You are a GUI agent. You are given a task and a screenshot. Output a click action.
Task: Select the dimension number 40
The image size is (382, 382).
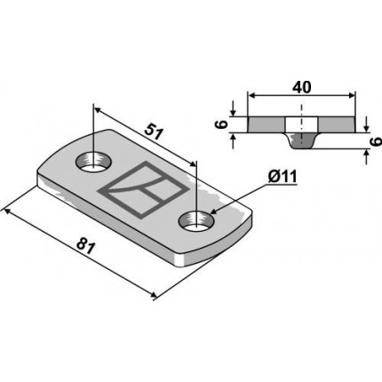point(302,87)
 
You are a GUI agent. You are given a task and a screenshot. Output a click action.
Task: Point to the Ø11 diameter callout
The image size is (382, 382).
point(283,177)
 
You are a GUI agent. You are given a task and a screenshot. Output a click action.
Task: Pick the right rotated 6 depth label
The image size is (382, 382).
point(376,142)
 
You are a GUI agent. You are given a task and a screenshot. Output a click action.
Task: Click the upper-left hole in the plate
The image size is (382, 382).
point(93,162)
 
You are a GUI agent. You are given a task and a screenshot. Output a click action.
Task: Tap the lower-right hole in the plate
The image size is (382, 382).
point(197,221)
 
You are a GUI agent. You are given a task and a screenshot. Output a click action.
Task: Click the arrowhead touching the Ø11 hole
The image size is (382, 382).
point(213,211)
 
